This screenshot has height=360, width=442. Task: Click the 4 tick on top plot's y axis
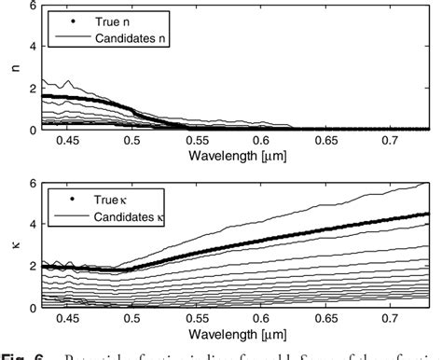[x=33, y=46]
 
